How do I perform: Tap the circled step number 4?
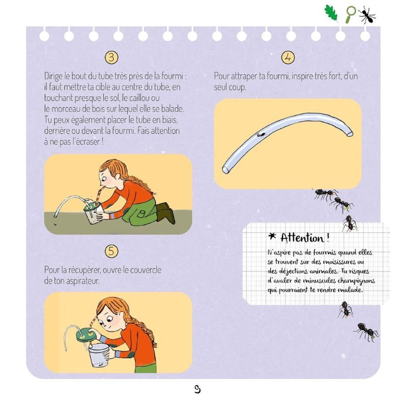(288, 57)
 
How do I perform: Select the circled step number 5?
(112, 250)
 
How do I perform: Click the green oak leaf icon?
(331, 14)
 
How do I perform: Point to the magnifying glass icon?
(351, 14)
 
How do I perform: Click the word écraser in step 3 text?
(89, 142)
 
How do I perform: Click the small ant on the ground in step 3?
(55, 222)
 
